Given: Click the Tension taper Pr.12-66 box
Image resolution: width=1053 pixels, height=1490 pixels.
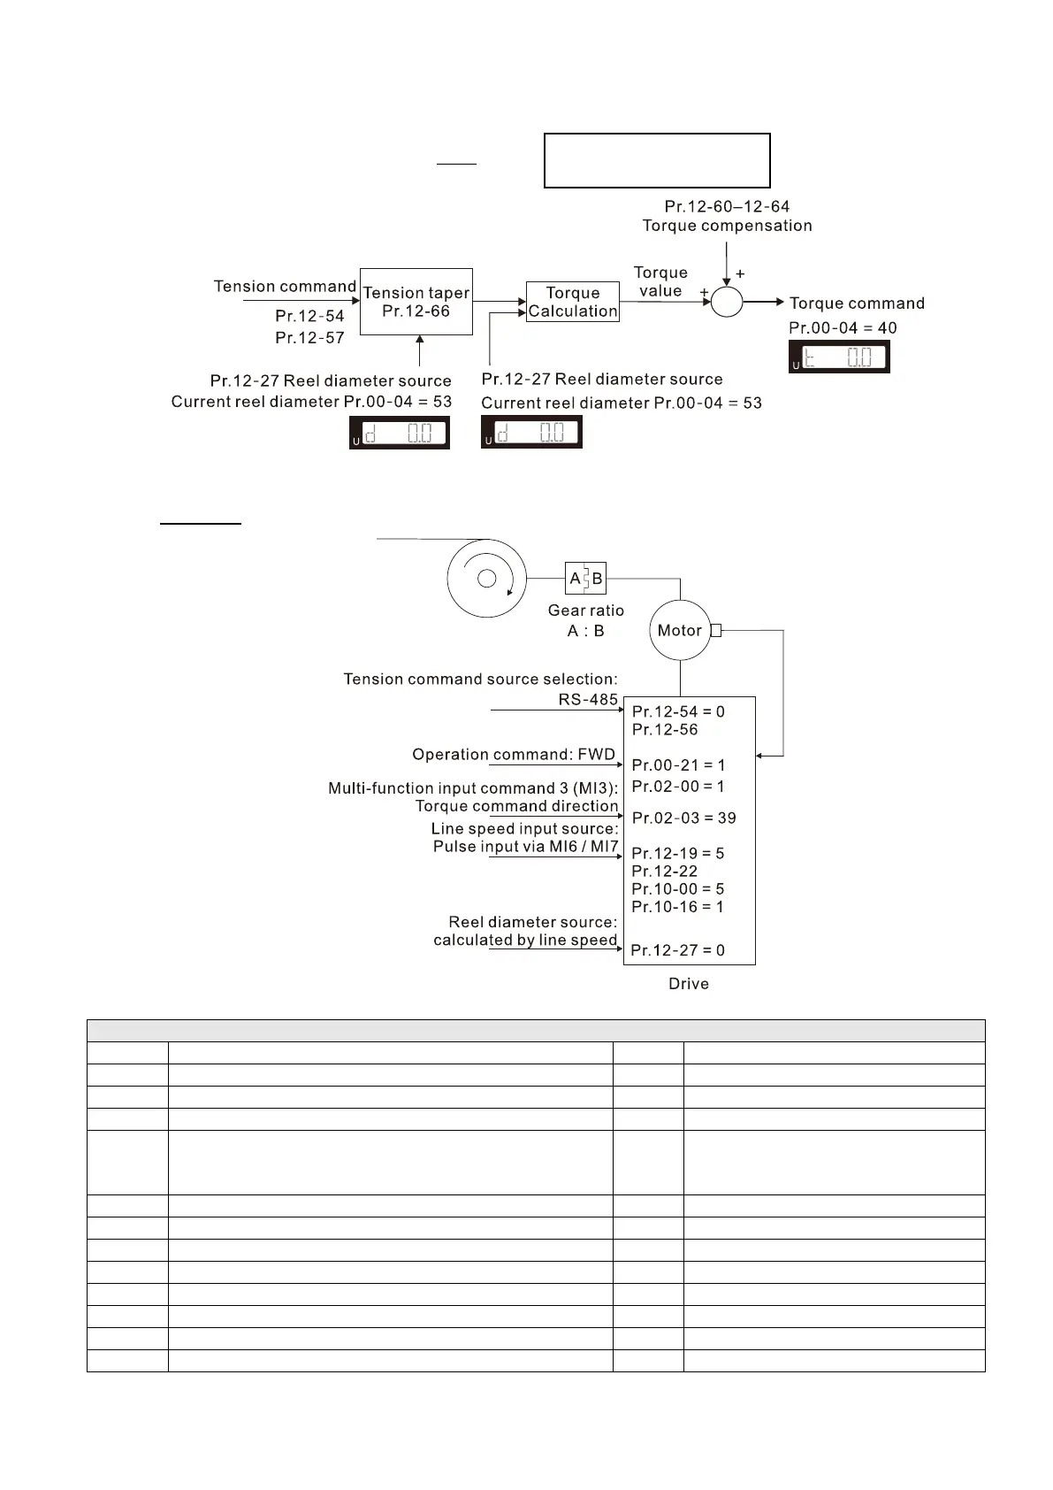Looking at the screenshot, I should point(416,302).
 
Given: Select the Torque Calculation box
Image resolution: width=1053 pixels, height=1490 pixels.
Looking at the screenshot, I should point(572,302).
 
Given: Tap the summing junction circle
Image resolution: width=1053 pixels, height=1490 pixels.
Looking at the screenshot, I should point(727,302).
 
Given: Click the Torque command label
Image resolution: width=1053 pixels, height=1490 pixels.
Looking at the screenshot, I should point(857,303).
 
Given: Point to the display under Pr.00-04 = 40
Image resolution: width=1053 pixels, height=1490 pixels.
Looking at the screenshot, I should point(839,357).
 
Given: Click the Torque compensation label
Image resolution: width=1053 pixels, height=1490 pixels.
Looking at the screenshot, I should point(727,226).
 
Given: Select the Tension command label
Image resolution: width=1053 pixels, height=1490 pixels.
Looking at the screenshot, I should point(285,287).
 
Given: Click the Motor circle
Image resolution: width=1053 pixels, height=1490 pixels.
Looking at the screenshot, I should point(680,631).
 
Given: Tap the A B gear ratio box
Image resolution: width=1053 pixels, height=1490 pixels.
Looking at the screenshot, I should point(585,579).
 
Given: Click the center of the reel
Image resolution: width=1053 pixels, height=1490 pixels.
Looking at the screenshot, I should point(486,579).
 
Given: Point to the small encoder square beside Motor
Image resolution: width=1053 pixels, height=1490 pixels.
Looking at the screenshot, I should point(716,631).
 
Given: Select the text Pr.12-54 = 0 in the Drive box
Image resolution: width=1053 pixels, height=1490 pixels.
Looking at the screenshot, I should point(678,711).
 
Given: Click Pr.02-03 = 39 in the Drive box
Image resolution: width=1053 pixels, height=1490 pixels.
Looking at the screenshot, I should point(683,818).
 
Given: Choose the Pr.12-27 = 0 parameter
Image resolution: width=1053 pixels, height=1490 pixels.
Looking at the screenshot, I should point(677,950).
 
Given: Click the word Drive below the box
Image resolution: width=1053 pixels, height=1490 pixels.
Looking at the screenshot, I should point(689,984).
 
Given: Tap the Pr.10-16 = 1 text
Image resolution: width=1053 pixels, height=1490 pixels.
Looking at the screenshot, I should point(677,907).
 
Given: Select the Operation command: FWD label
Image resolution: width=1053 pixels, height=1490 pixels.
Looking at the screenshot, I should point(514,755).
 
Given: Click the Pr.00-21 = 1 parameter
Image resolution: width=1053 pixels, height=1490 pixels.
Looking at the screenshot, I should point(678,765).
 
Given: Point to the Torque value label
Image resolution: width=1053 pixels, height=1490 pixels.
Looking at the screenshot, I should point(660,281).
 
